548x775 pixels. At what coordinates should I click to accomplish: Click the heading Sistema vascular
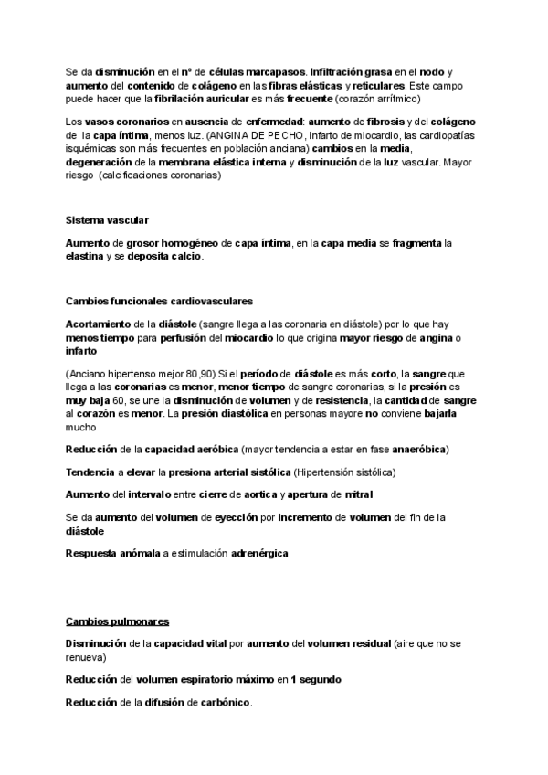click(108, 221)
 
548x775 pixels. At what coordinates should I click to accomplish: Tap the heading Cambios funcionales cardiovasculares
click(160, 301)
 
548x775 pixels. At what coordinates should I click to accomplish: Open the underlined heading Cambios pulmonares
click(117, 621)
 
